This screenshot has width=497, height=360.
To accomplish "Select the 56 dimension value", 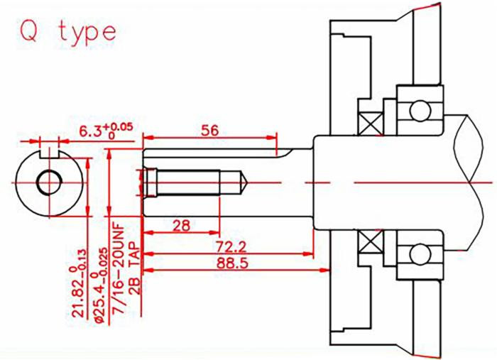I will [x=209, y=130].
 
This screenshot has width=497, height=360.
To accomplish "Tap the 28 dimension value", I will [x=181, y=225].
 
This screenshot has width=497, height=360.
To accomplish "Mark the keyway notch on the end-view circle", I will [x=48, y=152].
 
